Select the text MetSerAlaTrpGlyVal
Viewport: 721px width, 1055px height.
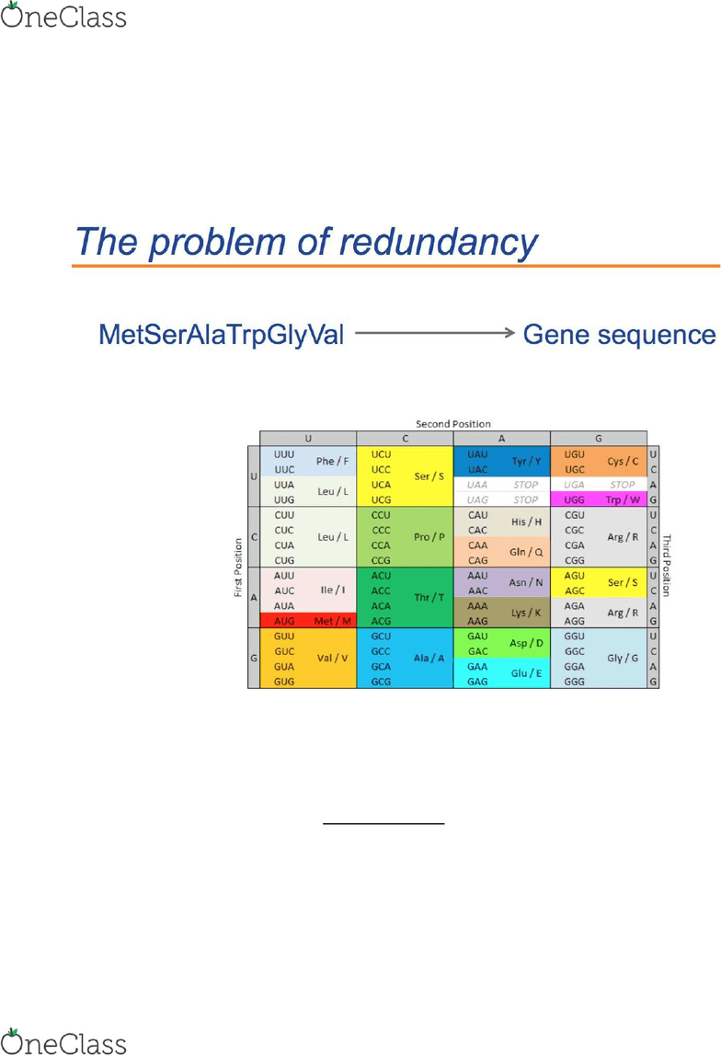coord(222,335)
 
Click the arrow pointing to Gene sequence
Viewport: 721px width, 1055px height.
coord(434,332)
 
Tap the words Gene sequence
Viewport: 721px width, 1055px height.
coord(620,335)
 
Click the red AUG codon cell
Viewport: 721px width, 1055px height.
coord(284,621)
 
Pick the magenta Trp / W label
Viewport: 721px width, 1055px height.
coord(622,500)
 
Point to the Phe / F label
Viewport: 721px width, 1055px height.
coord(332,461)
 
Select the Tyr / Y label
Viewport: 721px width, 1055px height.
coord(526,461)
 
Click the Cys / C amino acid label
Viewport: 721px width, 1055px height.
coord(623,461)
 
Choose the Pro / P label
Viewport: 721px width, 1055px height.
coord(429,537)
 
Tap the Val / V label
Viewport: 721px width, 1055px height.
coord(332,658)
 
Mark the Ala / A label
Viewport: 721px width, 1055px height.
coord(429,658)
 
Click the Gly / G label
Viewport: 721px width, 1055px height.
coord(623,658)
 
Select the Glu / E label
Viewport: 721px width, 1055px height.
coord(526,673)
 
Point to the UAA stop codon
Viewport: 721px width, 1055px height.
coord(477,485)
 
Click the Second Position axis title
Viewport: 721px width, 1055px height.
coord(453,424)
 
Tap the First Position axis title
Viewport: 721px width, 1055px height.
coord(238,568)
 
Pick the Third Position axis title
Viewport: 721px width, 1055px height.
coord(667,565)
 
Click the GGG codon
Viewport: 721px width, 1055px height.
coord(575,682)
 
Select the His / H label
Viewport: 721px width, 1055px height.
coord(526,522)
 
